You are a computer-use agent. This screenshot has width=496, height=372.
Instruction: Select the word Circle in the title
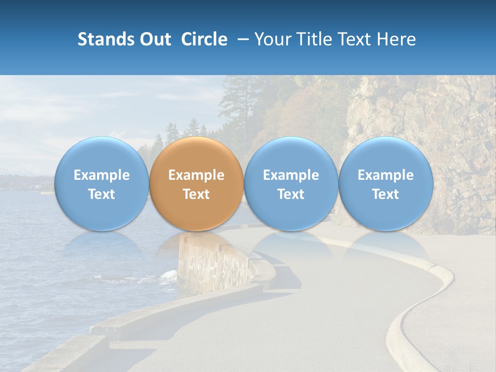click(204, 39)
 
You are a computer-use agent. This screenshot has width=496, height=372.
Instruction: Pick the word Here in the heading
click(397, 39)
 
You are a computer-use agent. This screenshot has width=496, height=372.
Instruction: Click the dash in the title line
click(241, 39)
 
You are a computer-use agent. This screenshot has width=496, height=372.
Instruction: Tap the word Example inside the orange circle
click(196, 175)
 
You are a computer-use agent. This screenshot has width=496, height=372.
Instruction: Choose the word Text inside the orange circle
click(196, 194)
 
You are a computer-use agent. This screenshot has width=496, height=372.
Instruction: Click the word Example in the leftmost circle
click(101, 175)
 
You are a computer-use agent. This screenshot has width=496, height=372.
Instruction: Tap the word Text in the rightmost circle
click(386, 194)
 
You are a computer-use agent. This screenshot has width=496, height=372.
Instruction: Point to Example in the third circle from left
click(291, 175)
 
